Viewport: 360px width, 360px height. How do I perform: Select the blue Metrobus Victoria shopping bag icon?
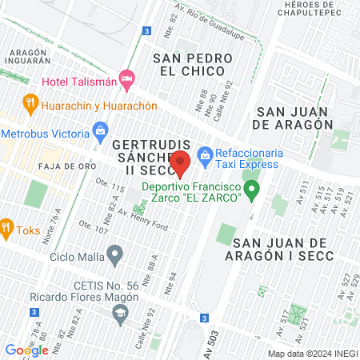(100, 130)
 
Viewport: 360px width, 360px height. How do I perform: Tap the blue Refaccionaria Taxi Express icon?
(205, 153)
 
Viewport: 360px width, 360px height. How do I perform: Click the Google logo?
(26, 350)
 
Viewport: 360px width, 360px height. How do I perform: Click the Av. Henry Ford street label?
(142, 220)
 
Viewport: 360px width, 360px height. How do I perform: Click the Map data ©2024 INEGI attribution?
(312, 354)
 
